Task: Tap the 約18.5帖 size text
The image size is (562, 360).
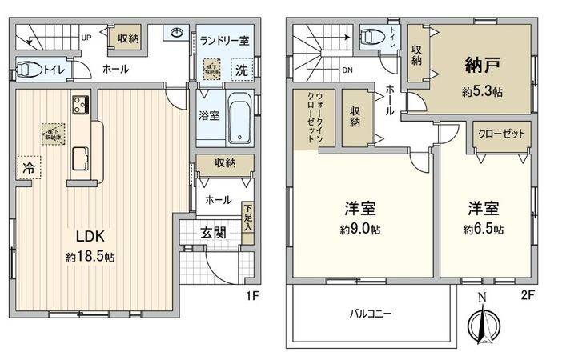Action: [90, 258]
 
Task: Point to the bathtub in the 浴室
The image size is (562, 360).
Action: [239, 119]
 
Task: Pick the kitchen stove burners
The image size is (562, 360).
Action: [81, 105]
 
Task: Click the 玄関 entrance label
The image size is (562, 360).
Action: [213, 234]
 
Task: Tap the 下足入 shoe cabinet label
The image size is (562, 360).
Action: [248, 217]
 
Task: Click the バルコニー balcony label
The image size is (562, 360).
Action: [369, 313]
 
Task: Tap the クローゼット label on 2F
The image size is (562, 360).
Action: [499, 134]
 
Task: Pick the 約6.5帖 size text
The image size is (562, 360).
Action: [484, 230]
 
